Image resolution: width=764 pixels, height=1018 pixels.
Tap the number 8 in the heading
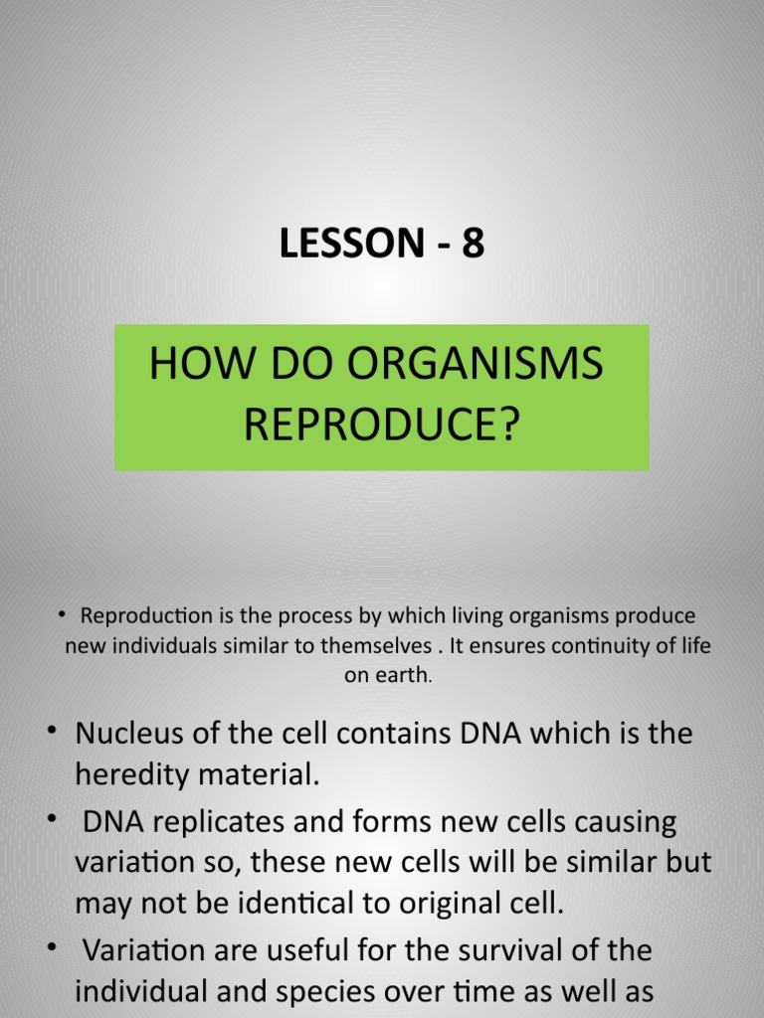pyautogui.click(x=472, y=244)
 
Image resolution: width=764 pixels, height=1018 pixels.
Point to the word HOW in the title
pyautogui.click(x=189, y=365)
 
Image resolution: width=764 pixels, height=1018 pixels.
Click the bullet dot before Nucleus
pyautogui.click(x=51, y=733)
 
